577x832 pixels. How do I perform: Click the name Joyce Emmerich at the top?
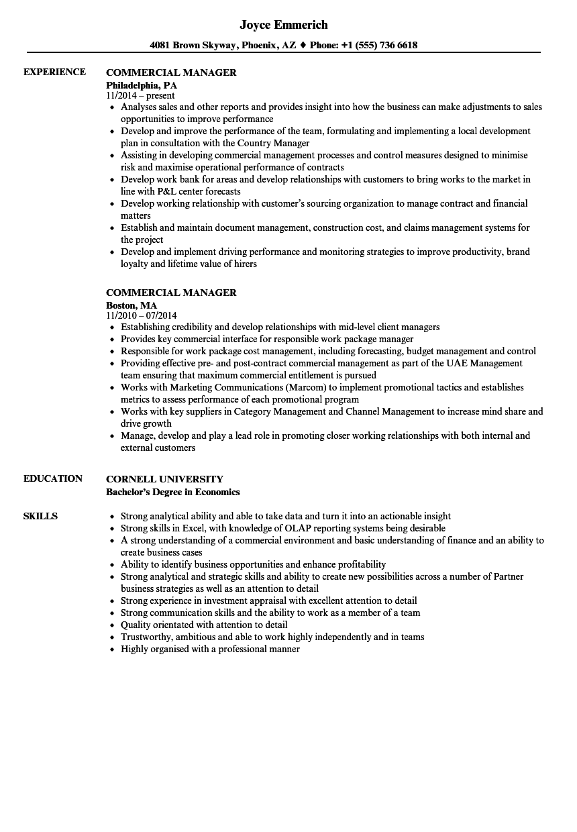tap(284, 25)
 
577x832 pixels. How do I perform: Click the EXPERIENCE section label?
tap(54, 72)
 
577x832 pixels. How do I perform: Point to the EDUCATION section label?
tap(53, 479)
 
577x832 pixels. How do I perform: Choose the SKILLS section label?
tap(40, 517)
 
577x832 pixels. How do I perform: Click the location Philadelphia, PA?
tap(142, 85)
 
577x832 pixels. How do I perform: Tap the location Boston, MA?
tap(132, 305)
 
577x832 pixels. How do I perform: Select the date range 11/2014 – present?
tap(140, 96)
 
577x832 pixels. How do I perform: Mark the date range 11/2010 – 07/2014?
tap(142, 315)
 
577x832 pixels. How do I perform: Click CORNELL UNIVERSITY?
tap(164, 479)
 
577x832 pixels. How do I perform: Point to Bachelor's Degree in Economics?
tap(173, 492)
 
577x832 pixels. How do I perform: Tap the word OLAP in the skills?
tap(281, 529)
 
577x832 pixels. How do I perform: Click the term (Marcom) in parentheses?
tap(306, 388)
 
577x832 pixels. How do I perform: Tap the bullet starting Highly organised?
tap(210, 649)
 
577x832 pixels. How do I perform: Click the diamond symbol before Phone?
tap(303, 46)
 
